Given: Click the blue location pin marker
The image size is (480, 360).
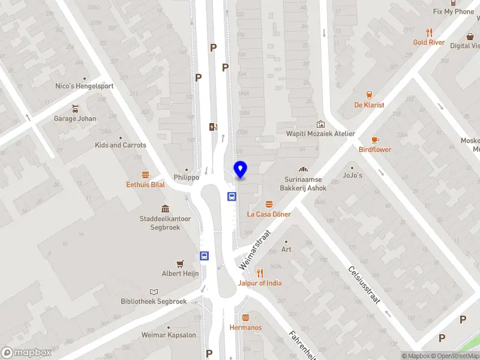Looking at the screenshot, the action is tap(240, 169).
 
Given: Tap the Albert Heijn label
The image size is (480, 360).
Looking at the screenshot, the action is tap(179, 274).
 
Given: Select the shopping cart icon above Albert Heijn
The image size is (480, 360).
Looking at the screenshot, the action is tap(179, 263).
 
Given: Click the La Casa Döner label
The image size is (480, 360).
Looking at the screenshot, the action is tap(269, 214).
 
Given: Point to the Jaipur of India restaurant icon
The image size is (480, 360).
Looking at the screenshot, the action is tap(260, 272).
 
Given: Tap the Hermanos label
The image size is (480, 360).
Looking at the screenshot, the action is tap(245, 328).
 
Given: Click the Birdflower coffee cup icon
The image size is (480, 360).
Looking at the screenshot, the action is tap(375, 139).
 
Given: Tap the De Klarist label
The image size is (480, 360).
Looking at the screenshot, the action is tap(369, 105).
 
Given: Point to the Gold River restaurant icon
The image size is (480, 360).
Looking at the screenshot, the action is tap(429, 32).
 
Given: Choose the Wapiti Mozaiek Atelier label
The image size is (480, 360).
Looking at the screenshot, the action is tap(320, 134).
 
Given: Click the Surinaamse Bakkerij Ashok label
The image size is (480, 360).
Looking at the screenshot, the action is tap(306, 184).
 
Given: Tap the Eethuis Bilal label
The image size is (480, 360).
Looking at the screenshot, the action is tap(145, 184).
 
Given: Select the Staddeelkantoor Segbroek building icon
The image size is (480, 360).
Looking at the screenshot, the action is tap(165, 209).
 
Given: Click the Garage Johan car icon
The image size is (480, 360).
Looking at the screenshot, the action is tap(75, 109).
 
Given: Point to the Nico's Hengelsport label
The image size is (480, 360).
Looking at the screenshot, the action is tap(84, 86).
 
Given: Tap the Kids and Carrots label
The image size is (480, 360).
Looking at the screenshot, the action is tap(120, 145).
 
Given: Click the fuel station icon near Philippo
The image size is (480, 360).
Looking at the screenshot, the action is tap(212, 126).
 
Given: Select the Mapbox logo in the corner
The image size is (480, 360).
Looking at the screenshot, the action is tap(26, 353).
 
